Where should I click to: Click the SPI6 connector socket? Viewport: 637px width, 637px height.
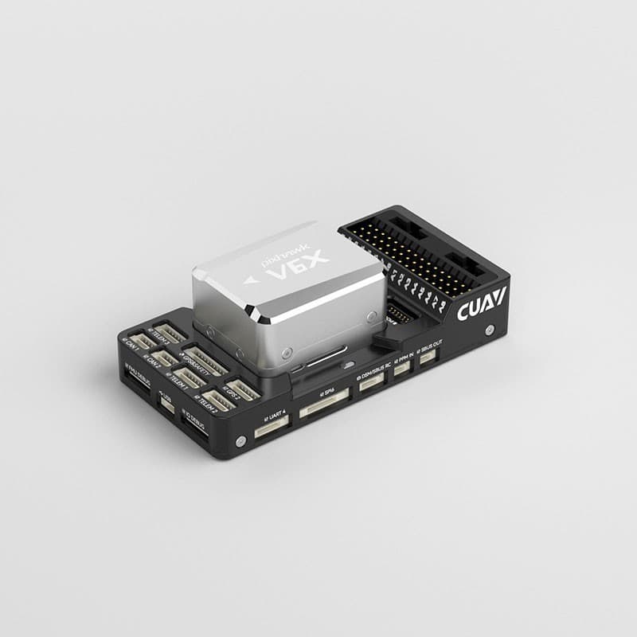(x=325, y=409)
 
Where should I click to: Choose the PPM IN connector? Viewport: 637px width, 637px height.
(x=402, y=370)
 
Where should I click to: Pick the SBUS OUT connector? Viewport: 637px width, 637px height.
(x=428, y=357)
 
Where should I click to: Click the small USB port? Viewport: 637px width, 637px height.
(x=167, y=404)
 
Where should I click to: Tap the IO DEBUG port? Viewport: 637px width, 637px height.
(x=194, y=430)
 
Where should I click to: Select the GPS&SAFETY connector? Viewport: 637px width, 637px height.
(x=206, y=361)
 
